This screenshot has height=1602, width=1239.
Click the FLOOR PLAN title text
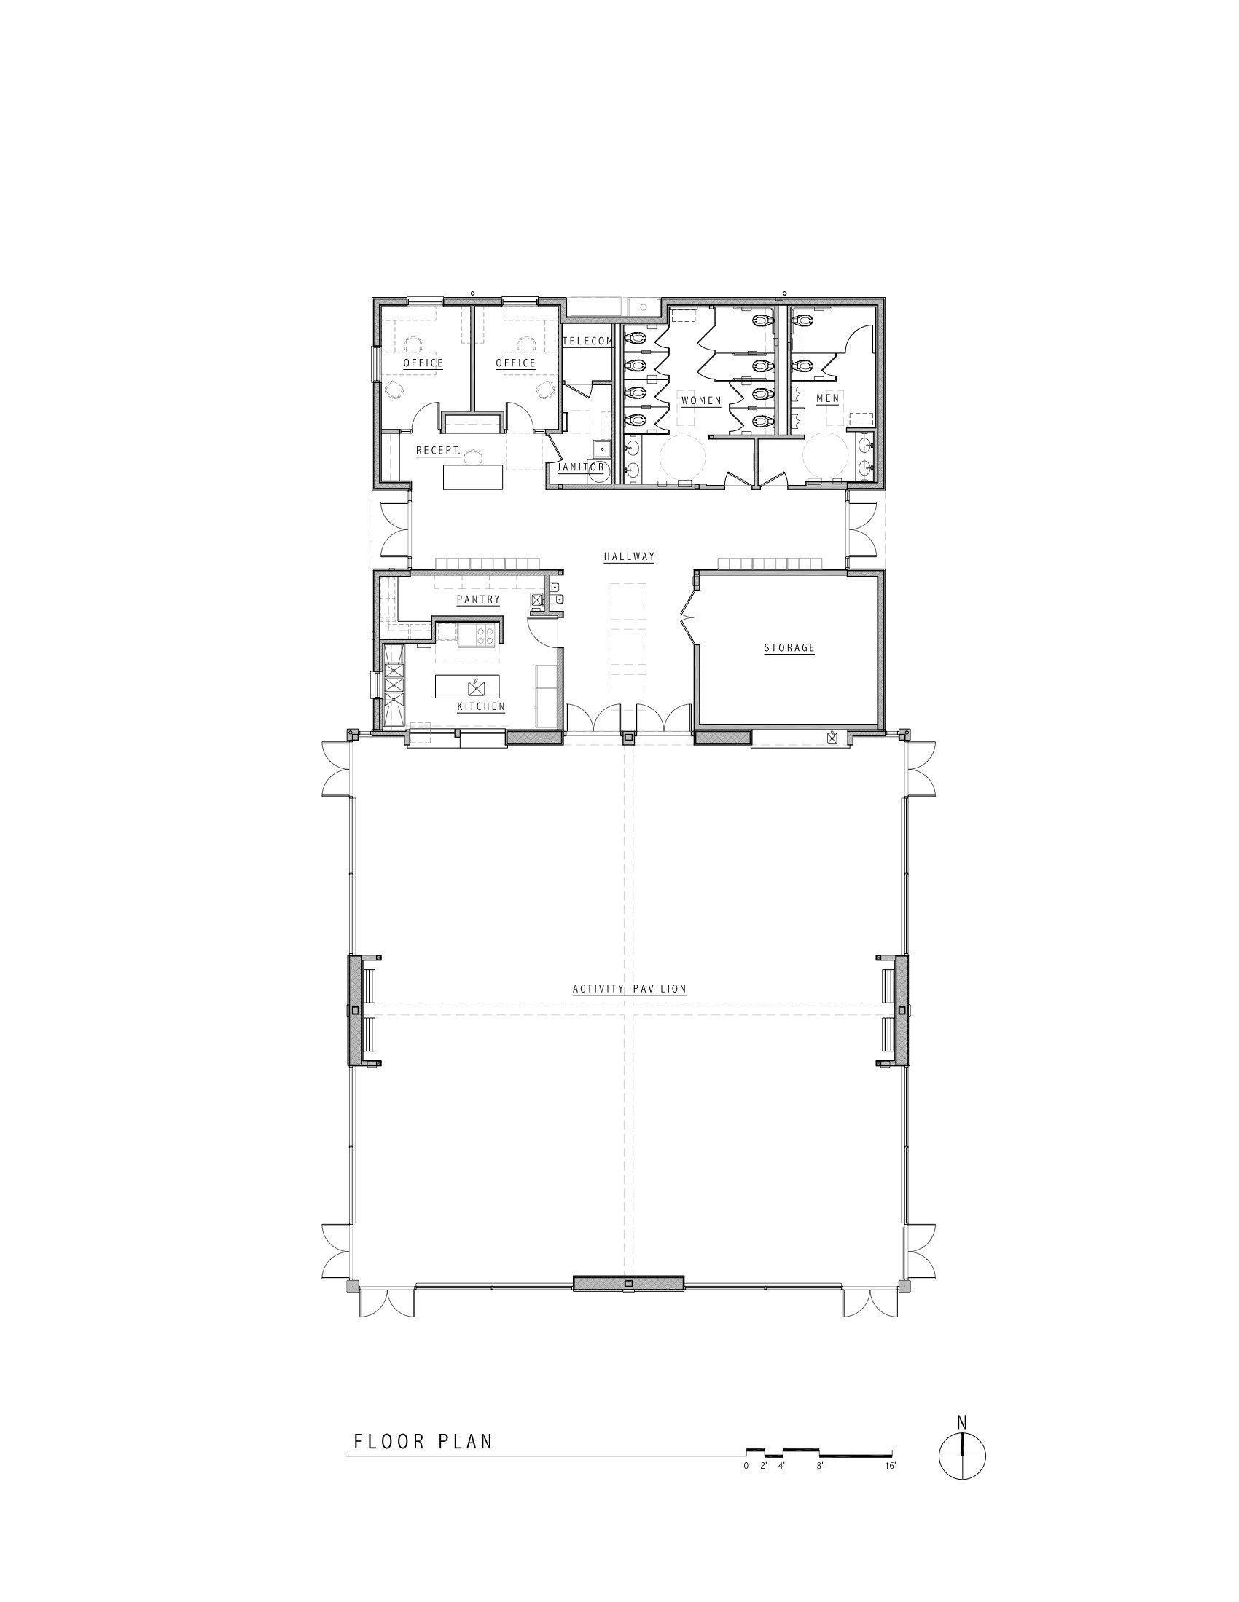coord(423,1441)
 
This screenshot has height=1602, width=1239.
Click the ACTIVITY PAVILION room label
coord(629,989)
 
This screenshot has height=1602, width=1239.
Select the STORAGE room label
coord(790,647)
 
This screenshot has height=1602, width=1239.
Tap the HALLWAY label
coord(629,557)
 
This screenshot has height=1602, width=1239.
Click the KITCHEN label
coord(481,706)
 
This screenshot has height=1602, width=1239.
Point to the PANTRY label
coord(478,599)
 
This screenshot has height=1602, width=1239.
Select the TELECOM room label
coord(587,341)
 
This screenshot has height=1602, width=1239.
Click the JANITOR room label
coord(582,467)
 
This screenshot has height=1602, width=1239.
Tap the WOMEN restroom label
coord(701,401)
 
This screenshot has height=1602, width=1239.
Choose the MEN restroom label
coord(827,398)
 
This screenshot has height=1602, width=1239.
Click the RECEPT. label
coord(438,450)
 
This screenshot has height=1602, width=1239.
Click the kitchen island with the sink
coord(468,687)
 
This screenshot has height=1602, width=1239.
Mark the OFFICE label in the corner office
coord(423,363)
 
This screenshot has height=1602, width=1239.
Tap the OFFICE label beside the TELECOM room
coord(516,363)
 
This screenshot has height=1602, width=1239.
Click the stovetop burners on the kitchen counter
coord(485,635)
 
